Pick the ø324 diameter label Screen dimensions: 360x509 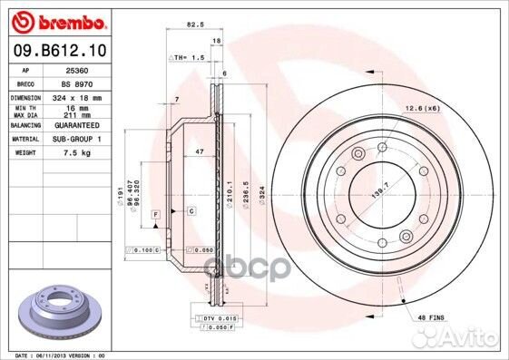pyautogui.click(x=260, y=195)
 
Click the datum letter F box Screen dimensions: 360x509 pyautogui.click(x=156, y=212)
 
